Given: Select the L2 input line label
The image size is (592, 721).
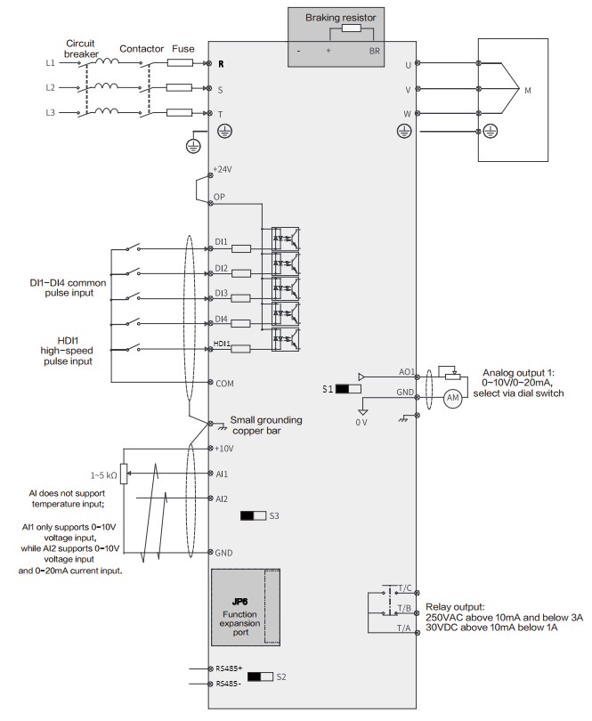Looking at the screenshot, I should (x=50, y=88).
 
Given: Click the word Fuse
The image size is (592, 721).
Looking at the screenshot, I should (x=183, y=49).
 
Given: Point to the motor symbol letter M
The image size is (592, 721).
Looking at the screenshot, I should (x=528, y=90).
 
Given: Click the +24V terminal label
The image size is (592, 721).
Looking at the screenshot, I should (x=223, y=168).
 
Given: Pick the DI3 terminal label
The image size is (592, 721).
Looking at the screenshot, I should (x=222, y=293).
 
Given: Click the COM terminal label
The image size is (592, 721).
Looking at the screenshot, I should (x=224, y=383).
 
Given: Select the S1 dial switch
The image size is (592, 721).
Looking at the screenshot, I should (x=348, y=389).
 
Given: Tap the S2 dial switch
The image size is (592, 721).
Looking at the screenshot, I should (x=261, y=676).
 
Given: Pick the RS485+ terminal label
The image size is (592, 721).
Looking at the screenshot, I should (x=229, y=667).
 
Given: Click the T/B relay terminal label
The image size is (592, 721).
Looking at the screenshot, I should (x=405, y=609).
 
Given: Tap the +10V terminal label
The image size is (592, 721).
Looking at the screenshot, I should (x=225, y=448).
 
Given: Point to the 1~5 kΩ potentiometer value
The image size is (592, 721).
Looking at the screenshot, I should (x=103, y=474).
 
